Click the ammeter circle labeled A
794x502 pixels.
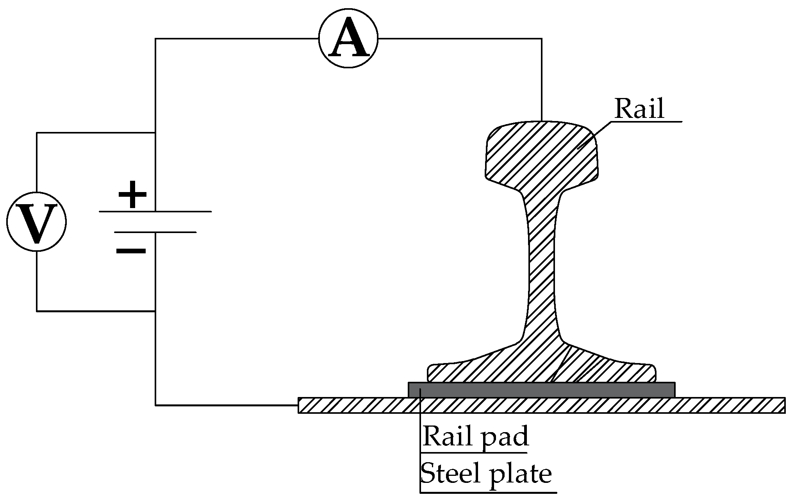pos(348,38)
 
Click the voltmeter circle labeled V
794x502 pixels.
pos(37,222)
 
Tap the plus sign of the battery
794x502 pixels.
pos(132,194)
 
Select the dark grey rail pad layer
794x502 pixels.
pos(541,390)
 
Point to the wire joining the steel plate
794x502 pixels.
pos(227,405)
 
